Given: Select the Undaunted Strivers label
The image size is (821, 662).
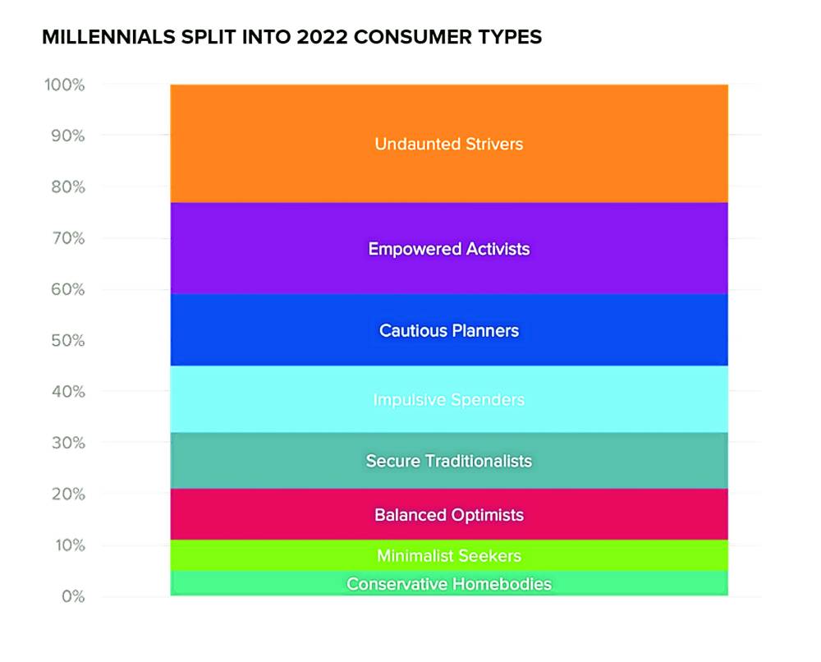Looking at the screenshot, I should (x=449, y=144).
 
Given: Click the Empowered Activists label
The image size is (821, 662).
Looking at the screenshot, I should (x=449, y=248).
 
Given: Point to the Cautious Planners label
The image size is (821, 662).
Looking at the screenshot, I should (x=449, y=330).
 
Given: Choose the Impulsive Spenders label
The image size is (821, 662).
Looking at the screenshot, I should (x=449, y=400).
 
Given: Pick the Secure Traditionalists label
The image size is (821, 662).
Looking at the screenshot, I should (x=449, y=461).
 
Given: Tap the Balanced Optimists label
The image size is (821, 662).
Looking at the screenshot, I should (x=449, y=515).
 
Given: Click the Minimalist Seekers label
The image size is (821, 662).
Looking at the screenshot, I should (x=449, y=556).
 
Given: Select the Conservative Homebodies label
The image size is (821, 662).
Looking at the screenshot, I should (x=449, y=584).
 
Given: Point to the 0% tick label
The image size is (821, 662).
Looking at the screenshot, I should (x=70, y=596).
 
